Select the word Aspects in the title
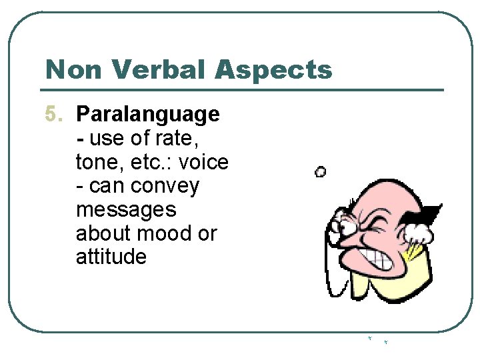pos(279,69)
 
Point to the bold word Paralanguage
pos(147,115)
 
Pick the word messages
pos(126,209)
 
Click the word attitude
pos(111,257)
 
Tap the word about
pos(106,233)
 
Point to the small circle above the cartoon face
pos(320,172)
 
